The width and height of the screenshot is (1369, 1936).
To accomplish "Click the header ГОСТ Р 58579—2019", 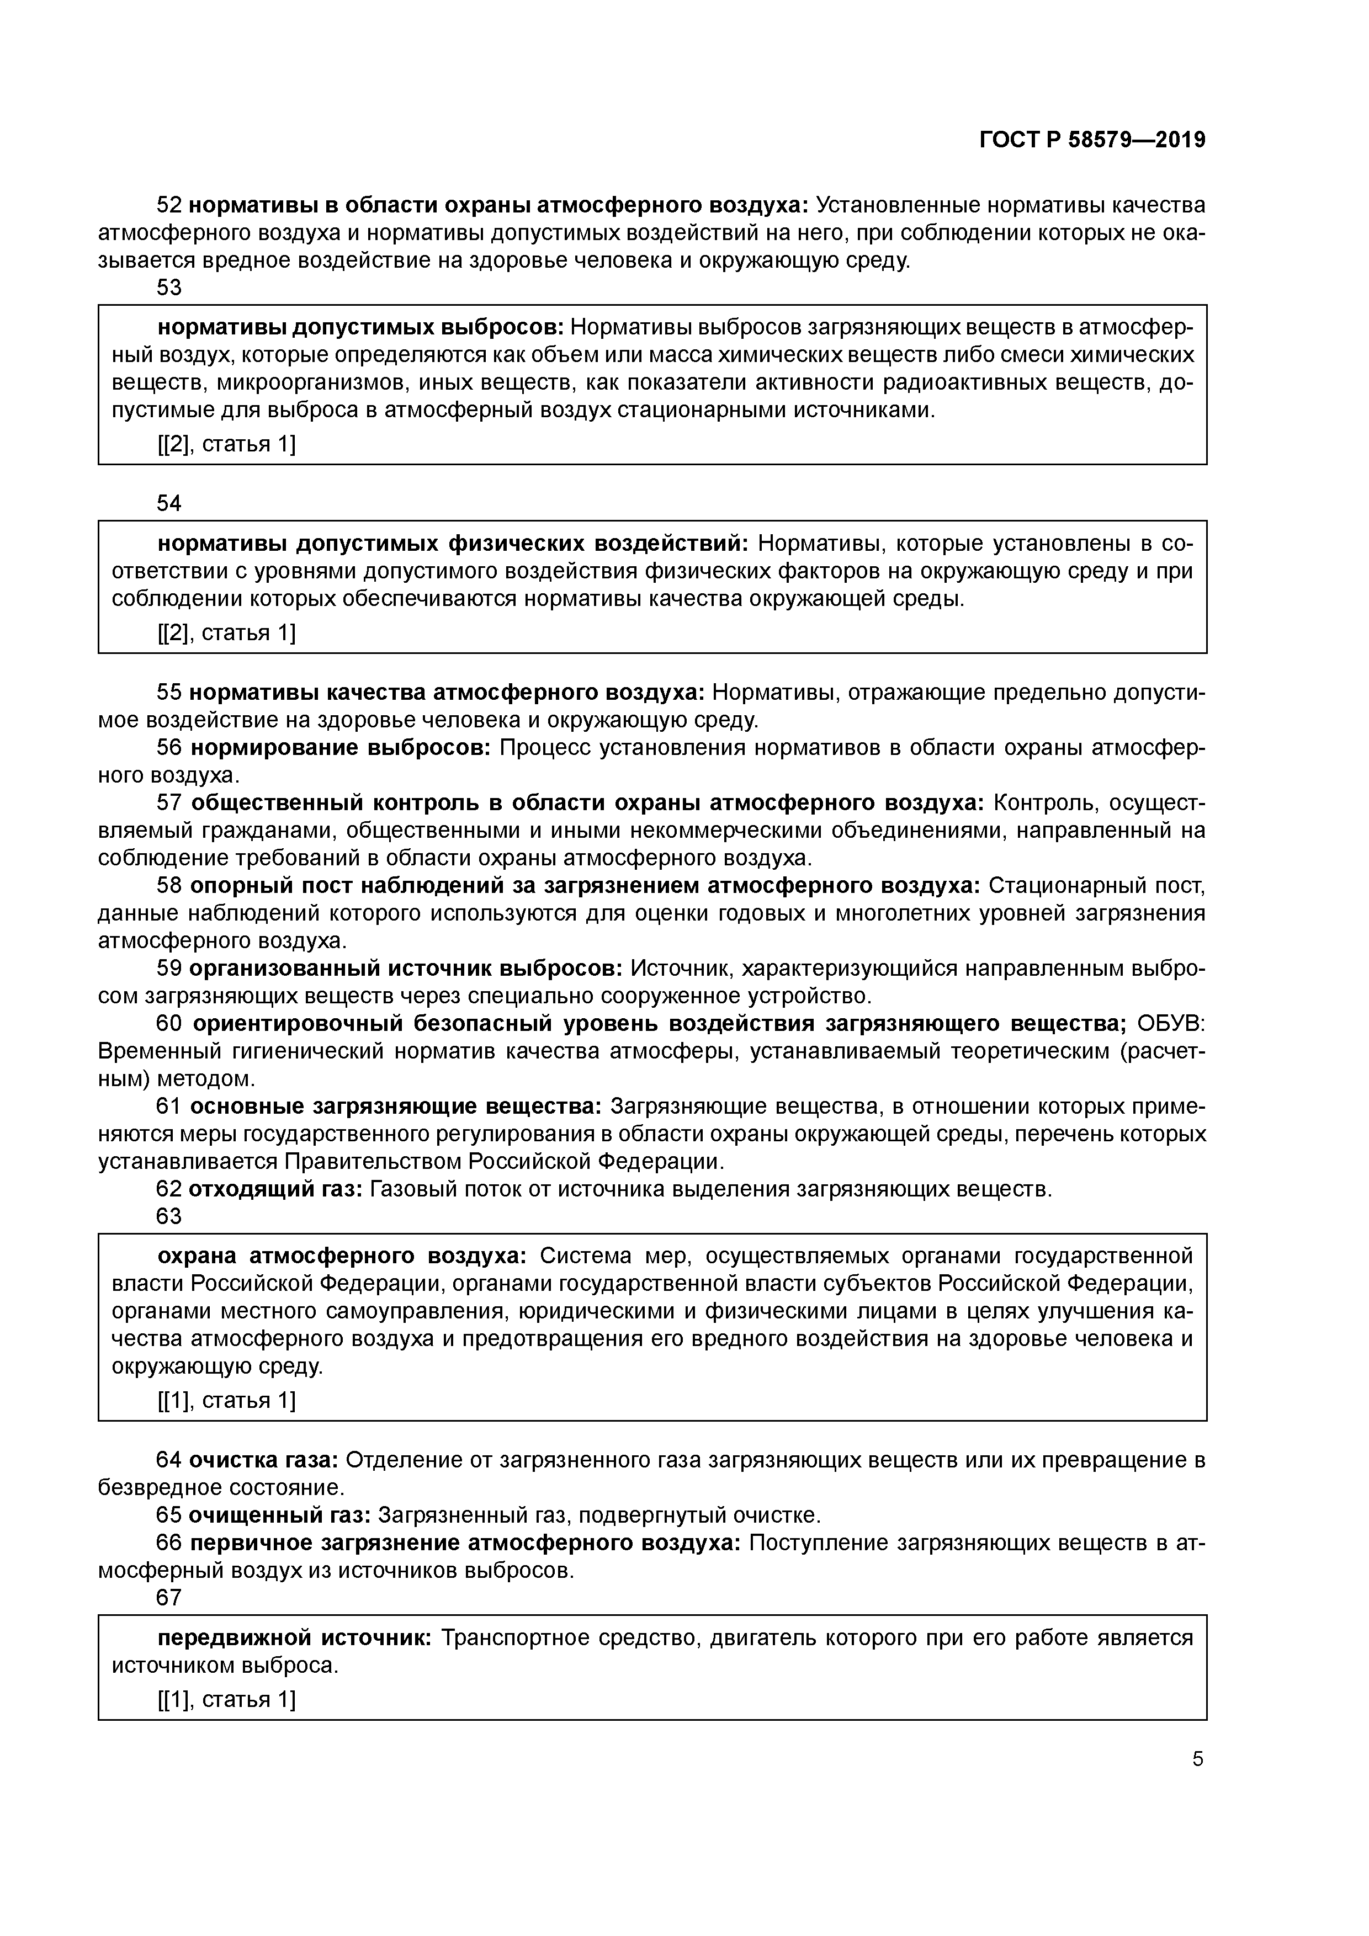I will [x=1092, y=140].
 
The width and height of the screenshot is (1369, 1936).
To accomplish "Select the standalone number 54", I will [x=169, y=503].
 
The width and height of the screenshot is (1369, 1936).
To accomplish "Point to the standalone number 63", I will [x=169, y=1216].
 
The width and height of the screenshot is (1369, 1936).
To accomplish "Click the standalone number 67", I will [x=169, y=1597].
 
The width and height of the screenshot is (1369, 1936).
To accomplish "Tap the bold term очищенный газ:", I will [x=280, y=1515].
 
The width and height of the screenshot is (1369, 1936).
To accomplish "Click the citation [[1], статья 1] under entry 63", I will [x=226, y=1401].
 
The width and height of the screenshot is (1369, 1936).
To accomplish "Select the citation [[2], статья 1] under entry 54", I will [x=226, y=633].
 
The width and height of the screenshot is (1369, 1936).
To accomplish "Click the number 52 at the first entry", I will [x=169, y=205].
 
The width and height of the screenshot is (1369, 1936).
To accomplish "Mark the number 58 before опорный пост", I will [x=169, y=885].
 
